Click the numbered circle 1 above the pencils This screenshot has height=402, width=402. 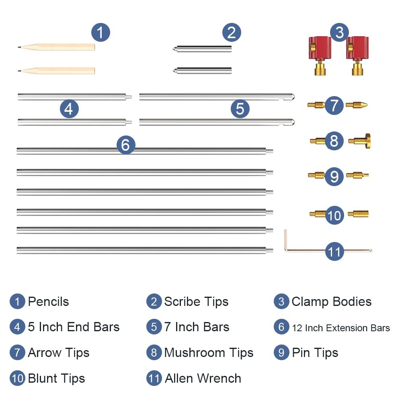coord(100,33)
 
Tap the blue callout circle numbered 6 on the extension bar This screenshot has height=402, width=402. coord(125,145)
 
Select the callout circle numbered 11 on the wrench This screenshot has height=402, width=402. coord(334,252)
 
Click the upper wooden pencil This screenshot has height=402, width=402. coord(56,47)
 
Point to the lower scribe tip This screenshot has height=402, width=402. coord(202,70)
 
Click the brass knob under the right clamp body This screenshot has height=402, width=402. coord(357,68)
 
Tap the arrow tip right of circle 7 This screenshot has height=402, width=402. coord(357,105)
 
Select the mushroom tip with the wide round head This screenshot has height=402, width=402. coord(359,141)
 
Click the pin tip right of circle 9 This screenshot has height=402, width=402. coord(357,175)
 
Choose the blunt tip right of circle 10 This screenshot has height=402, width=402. coord(358,214)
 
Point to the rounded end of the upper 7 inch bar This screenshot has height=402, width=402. coord(292,97)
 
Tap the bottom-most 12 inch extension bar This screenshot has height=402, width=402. coord(145,250)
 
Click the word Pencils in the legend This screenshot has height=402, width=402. coord(49,301)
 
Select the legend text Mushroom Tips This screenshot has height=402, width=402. coord(209,353)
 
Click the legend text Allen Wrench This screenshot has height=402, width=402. coord(203,378)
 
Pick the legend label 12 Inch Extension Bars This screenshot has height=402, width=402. coord(341,328)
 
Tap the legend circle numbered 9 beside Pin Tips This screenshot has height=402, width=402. coord(281,353)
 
